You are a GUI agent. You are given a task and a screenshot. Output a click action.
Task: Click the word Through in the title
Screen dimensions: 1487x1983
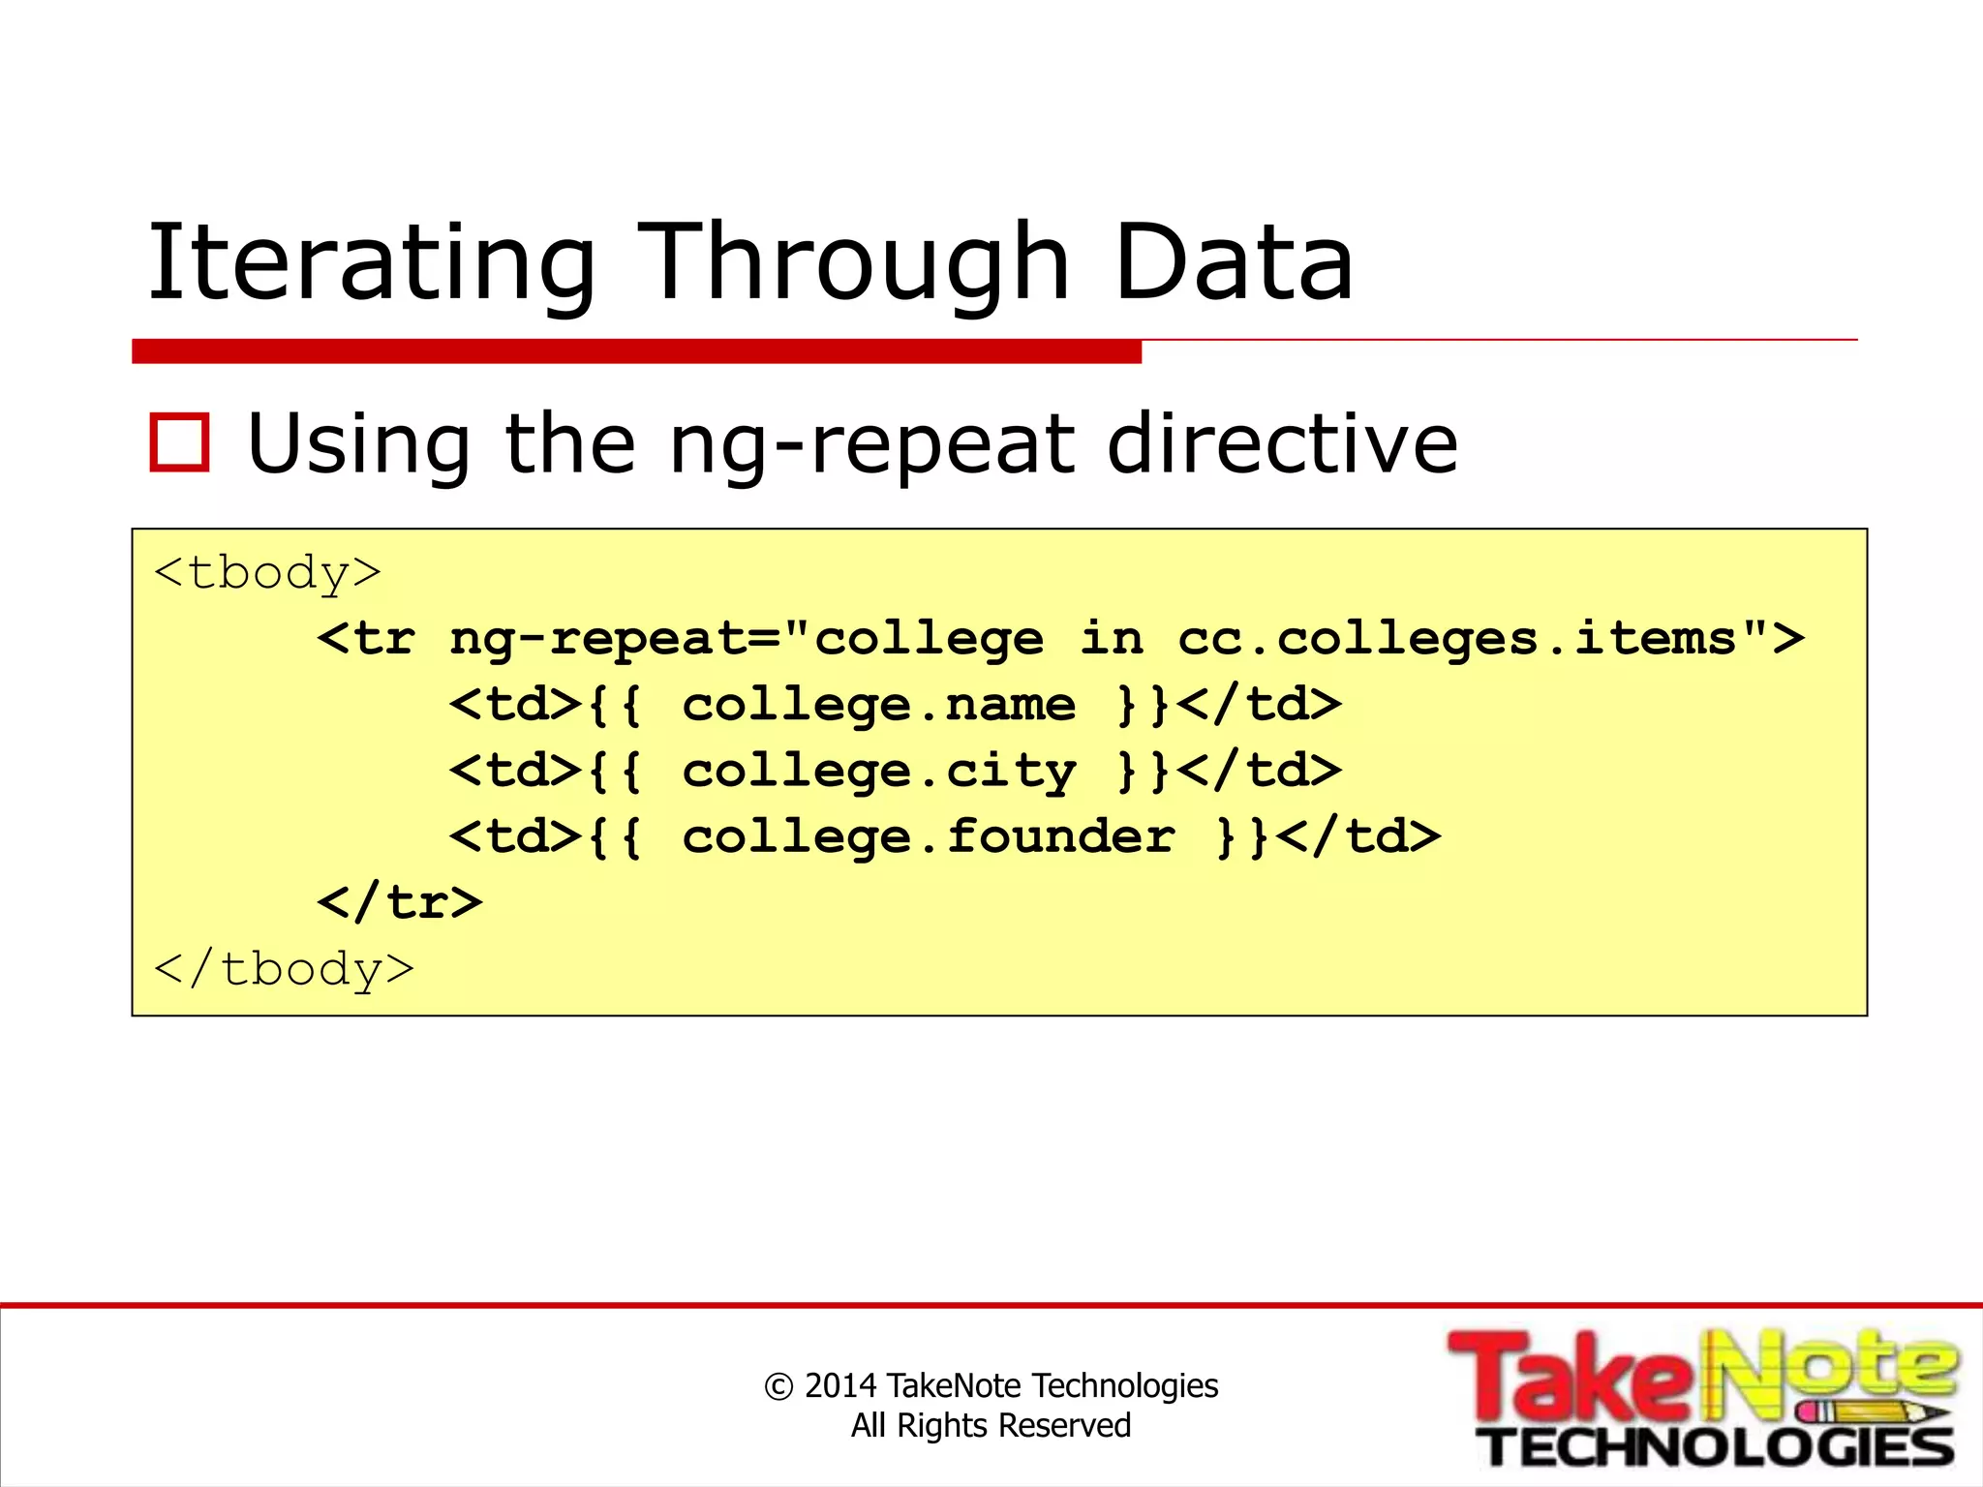point(852,262)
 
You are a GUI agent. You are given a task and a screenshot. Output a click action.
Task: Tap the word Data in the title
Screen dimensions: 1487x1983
point(1233,262)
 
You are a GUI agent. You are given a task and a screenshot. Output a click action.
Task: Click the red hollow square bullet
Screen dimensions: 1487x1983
point(180,443)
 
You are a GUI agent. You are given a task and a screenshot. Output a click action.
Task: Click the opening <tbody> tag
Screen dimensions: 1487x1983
point(267,573)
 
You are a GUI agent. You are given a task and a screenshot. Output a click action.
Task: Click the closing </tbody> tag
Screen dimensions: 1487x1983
point(284,969)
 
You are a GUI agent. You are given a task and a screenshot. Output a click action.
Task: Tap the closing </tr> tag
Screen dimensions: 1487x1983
point(399,902)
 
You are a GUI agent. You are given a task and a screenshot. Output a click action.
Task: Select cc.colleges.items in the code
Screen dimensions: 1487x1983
point(1457,639)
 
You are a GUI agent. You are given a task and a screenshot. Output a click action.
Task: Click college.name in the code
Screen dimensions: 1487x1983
point(878,705)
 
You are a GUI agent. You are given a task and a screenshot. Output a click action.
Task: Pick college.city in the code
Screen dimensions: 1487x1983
point(878,772)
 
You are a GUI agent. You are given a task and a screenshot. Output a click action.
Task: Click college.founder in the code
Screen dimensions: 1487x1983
point(928,837)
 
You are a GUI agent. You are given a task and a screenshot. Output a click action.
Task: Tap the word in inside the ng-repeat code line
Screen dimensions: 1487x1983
point(1112,639)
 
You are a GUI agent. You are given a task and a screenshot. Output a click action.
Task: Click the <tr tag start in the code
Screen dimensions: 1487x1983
point(366,639)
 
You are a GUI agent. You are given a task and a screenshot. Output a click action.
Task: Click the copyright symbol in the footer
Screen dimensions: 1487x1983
point(778,1386)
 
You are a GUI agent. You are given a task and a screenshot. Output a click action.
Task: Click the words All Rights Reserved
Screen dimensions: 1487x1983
point(991,1426)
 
